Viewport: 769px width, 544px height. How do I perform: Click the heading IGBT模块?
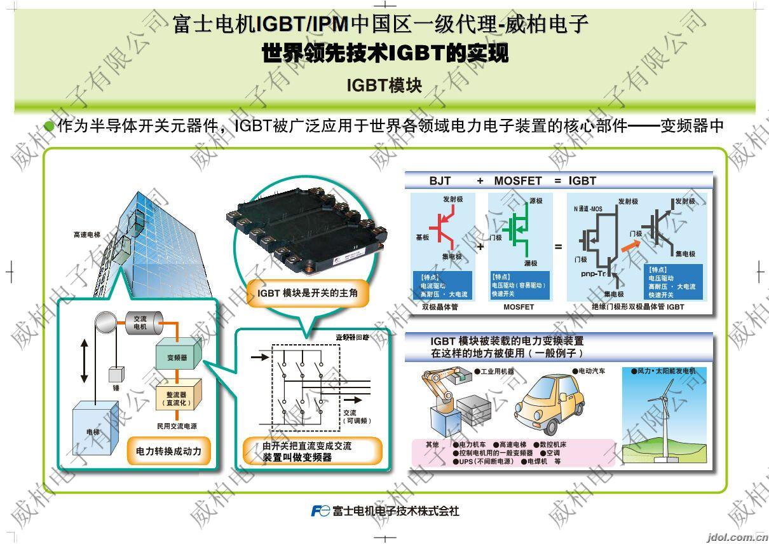[384, 85]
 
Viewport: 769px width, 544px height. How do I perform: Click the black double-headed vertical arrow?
[84, 361]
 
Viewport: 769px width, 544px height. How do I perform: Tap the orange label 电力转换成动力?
[168, 451]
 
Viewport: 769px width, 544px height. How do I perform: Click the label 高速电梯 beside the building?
[86, 235]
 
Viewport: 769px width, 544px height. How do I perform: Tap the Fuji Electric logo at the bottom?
[320, 510]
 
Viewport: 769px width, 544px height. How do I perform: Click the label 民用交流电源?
[177, 425]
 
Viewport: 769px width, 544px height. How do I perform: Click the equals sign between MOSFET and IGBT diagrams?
[558, 246]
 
